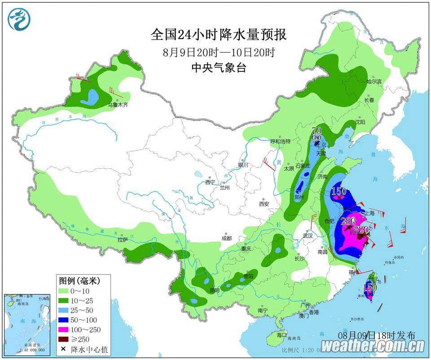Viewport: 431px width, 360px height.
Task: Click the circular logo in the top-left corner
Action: [19, 20]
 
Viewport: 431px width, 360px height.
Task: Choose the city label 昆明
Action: [214, 290]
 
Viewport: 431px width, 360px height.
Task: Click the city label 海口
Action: [281, 335]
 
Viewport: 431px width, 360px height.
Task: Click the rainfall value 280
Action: [348, 221]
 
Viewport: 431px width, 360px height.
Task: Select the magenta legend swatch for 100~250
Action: [67, 329]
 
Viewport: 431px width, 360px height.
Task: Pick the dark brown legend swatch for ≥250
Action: [67, 339]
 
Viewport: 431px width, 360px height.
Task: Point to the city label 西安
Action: [264, 204]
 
